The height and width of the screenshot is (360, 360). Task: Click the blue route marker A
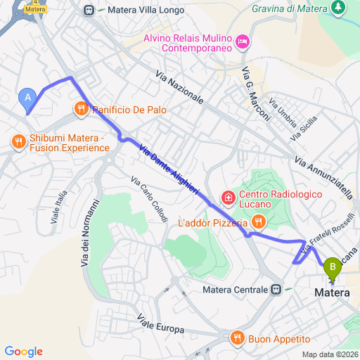(27, 98)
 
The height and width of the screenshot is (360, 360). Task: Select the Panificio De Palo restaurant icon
(82, 109)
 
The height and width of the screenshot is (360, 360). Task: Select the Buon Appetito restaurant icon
(237, 337)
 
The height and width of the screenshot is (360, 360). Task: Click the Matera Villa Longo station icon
(89, 10)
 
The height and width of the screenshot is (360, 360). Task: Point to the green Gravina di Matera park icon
(339, 8)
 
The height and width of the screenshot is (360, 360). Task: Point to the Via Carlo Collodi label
(148, 200)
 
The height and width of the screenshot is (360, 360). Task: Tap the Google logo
(23, 351)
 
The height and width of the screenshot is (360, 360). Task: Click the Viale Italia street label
(59, 207)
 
